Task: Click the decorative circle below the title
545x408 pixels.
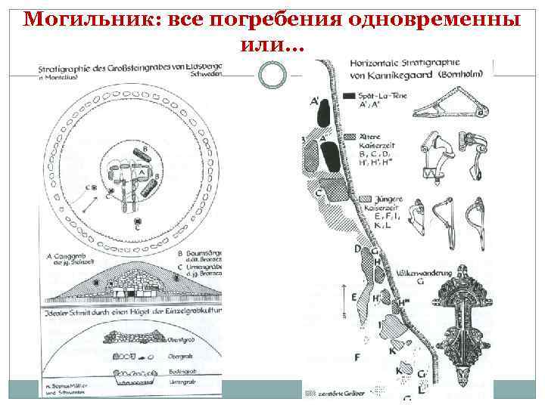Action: click(x=272, y=73)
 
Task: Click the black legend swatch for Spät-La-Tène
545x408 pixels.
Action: click(x=350, y=96)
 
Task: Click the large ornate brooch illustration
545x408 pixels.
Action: click(x=454, y=332)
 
